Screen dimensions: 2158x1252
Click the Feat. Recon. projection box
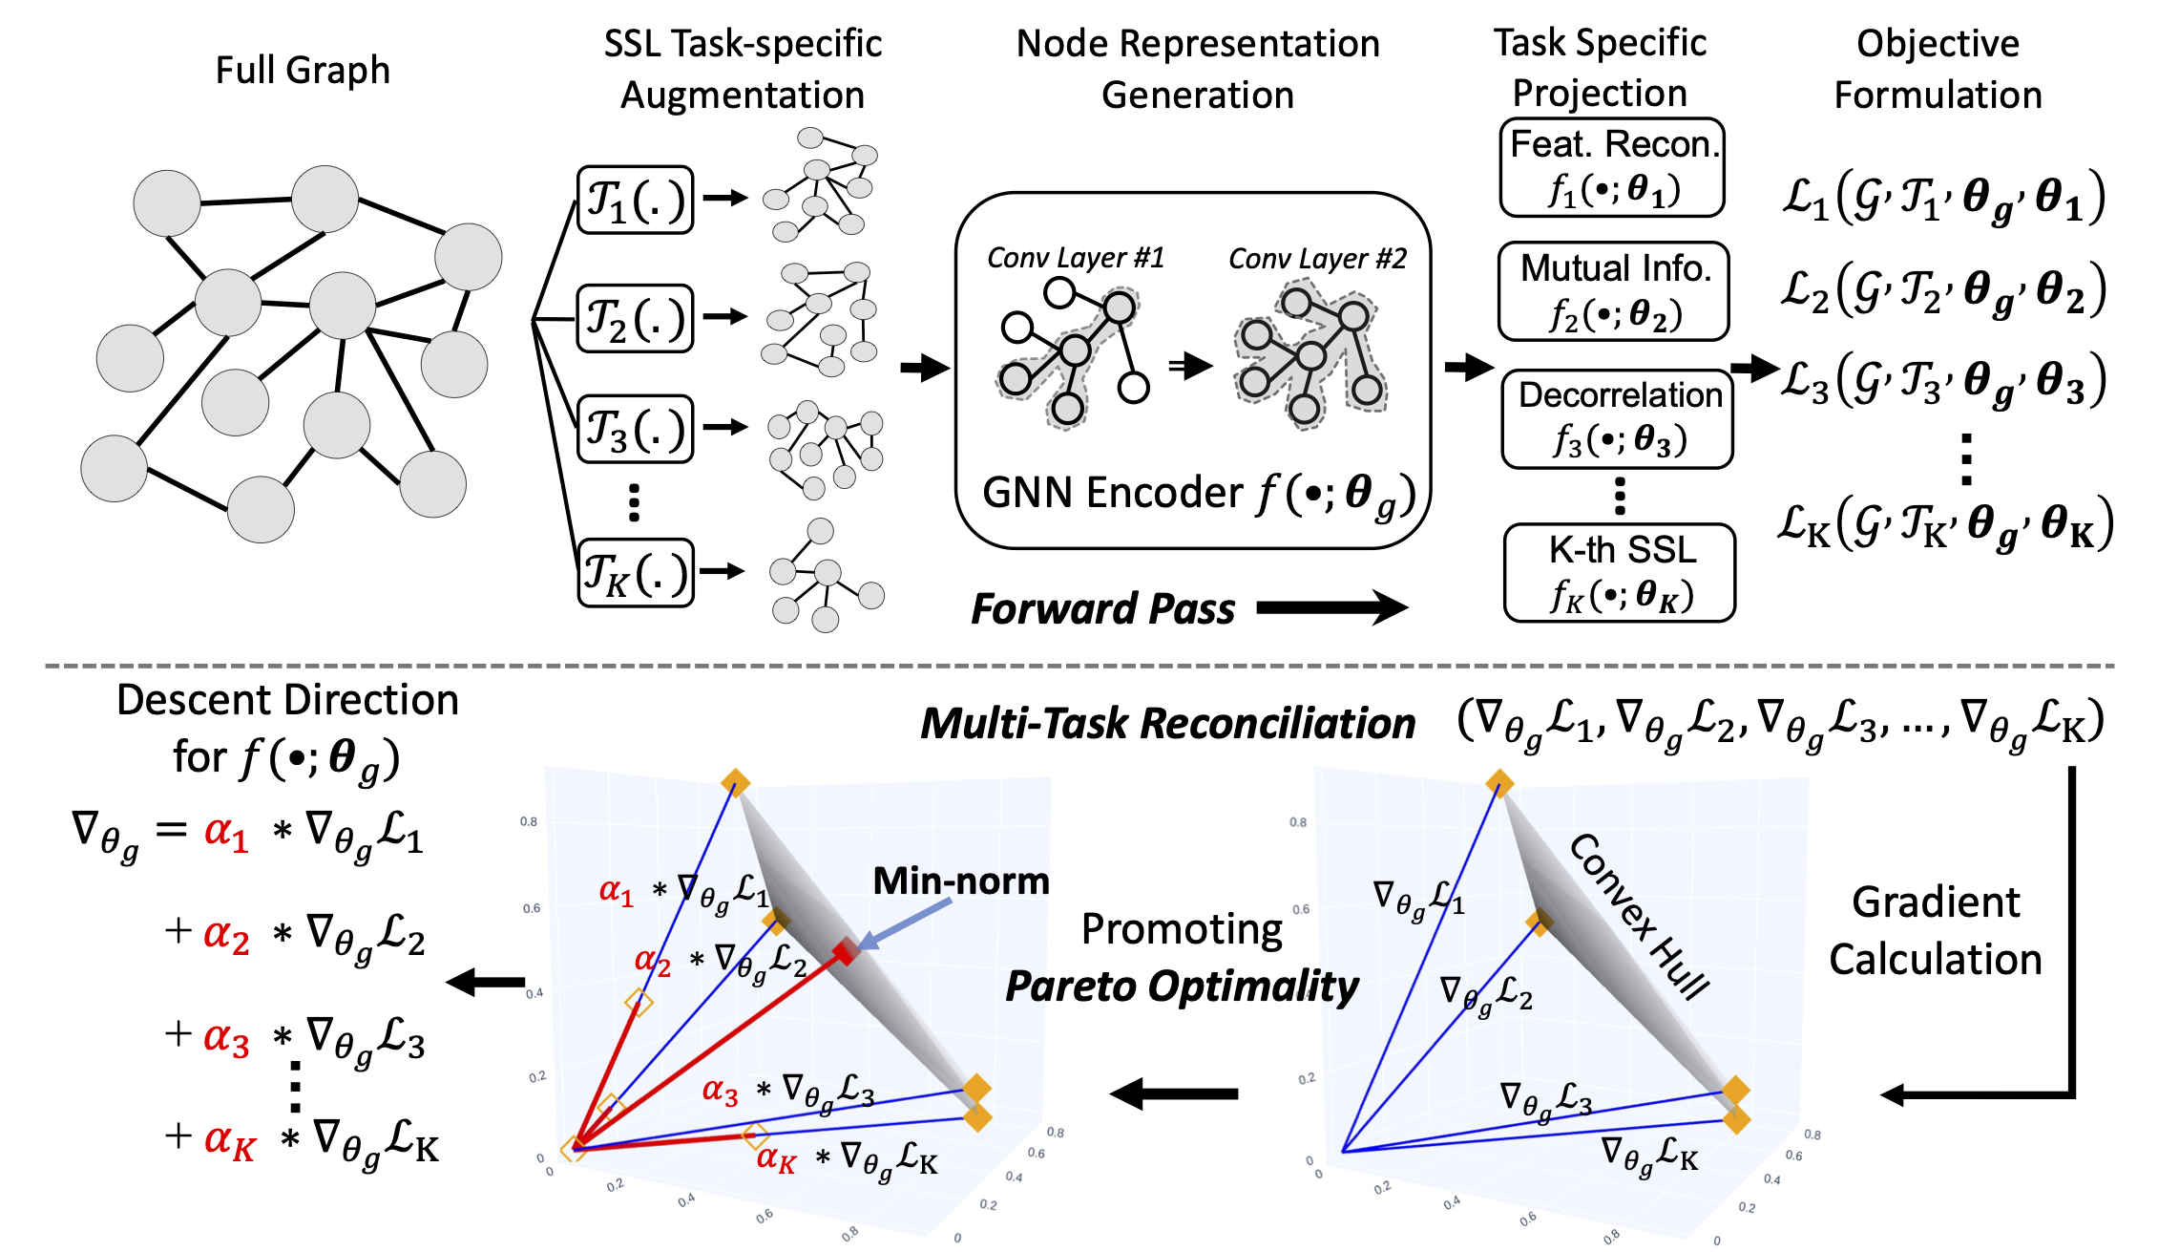[x=1612, y=168]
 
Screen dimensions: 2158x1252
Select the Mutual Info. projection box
[x=1614, y=291]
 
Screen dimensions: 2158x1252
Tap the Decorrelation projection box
[x=1618, y=419]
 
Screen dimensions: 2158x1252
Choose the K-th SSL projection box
[x=1620, y=573]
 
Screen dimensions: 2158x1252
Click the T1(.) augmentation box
[x=636, y=200]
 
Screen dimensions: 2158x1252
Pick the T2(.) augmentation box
[x=636, y=318]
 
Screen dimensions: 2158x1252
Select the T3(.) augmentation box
[x=636, y=429]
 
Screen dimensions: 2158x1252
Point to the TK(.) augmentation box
[x=636, y=572]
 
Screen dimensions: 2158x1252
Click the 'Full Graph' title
[x=303, y=70]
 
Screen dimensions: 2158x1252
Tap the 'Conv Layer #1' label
[x=1076, y=258]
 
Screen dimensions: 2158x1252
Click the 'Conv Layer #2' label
[x=1317, y=259]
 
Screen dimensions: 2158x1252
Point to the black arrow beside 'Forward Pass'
[x=1332, y=607]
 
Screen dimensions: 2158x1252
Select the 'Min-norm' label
[x=961, y=881]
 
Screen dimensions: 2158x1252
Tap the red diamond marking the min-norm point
[x=846, y=951]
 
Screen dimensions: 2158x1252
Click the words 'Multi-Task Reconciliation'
[x=1168, y=723]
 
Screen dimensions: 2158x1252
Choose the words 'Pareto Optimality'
[x=1183, y=987]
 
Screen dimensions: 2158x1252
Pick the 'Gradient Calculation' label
[x=1936, y=930]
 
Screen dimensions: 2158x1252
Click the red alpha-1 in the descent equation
[x=226, y=834]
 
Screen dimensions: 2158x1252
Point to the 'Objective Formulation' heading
[x=1938, y=69]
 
